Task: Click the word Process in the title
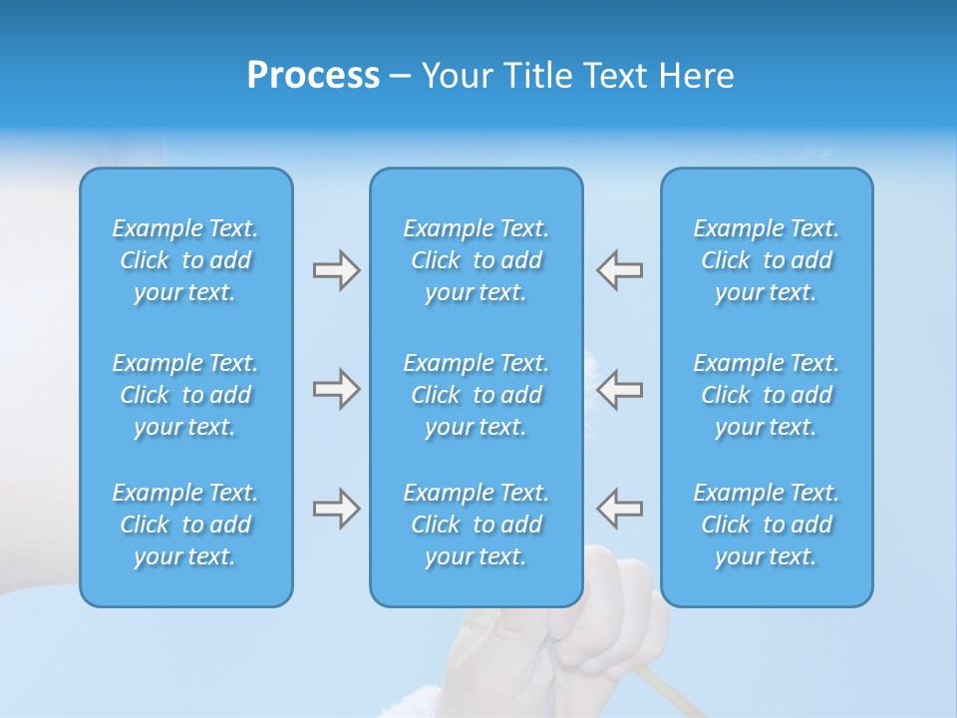313,76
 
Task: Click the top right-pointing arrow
336,270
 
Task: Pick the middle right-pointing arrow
336,389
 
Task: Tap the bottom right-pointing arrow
336,508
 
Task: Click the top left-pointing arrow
619,270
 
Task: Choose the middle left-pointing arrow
619,389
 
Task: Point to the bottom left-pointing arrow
619,508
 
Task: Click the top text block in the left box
185,260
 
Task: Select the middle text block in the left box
185,395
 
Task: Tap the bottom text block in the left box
185,525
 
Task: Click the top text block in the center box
476,260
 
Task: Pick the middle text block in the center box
476,395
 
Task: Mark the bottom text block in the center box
476,525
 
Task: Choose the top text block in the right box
767,260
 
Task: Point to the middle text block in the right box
767,395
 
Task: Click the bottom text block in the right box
767,525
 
